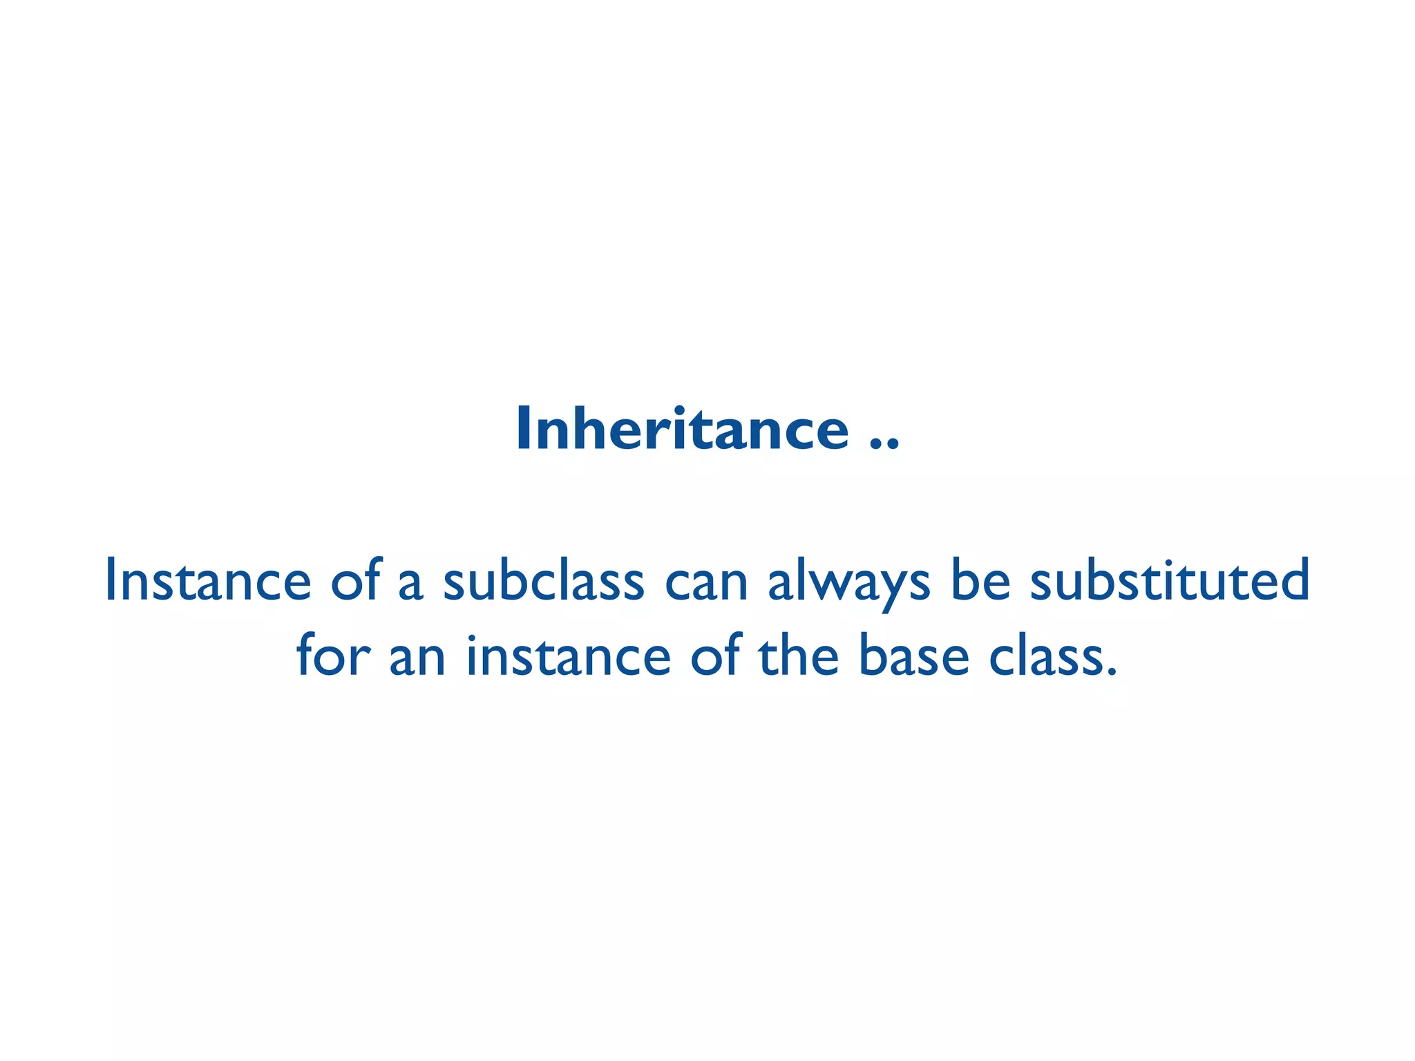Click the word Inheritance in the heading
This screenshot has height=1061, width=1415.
click(682, 429)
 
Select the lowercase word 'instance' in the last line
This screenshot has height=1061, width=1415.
click(568, 656)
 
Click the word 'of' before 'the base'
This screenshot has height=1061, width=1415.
click(716, 656)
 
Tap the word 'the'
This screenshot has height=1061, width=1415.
click(799, 656)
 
